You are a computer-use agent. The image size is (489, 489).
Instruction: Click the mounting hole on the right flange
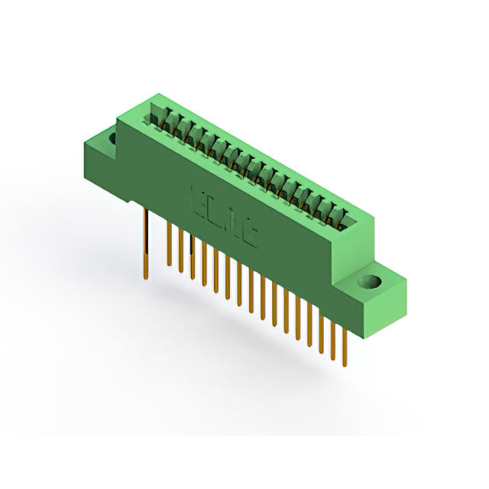373,282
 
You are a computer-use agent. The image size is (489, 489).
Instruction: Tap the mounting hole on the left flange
112,139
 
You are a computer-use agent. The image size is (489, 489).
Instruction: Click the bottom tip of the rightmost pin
344,365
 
